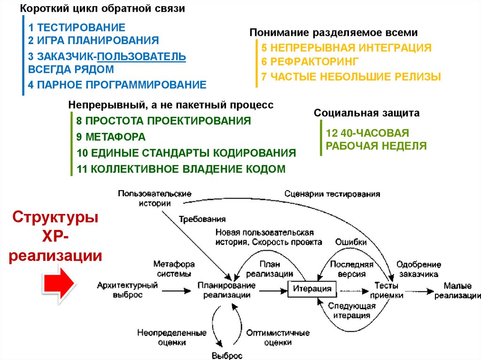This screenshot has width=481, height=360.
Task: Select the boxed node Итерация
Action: pyautogui.click(x=312, y=288)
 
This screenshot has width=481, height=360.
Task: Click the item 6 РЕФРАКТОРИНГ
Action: pyautogui.click(x=310, y=61)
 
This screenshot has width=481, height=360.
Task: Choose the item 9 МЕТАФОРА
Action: pyautogui.click(x=111, y=137)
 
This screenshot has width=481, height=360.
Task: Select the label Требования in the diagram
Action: pyautogui.click(x=202, y=219)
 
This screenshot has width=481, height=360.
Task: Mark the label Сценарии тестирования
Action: pyautogui.click(x=333, y=194)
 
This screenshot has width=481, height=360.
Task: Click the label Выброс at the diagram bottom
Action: pyautogui.click(x=227, y=356)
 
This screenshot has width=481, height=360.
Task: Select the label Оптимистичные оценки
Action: pyautogui.click(x=278, y=337)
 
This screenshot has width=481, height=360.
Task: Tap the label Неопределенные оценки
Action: pyautogui.click(x=172, y=337)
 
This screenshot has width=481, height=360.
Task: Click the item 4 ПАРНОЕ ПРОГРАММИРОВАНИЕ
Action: pyautogui.click(x=117, y=85)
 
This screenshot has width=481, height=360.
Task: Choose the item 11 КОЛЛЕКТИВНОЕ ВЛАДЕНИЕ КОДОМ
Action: pyautogui.click(x=181, y=169)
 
